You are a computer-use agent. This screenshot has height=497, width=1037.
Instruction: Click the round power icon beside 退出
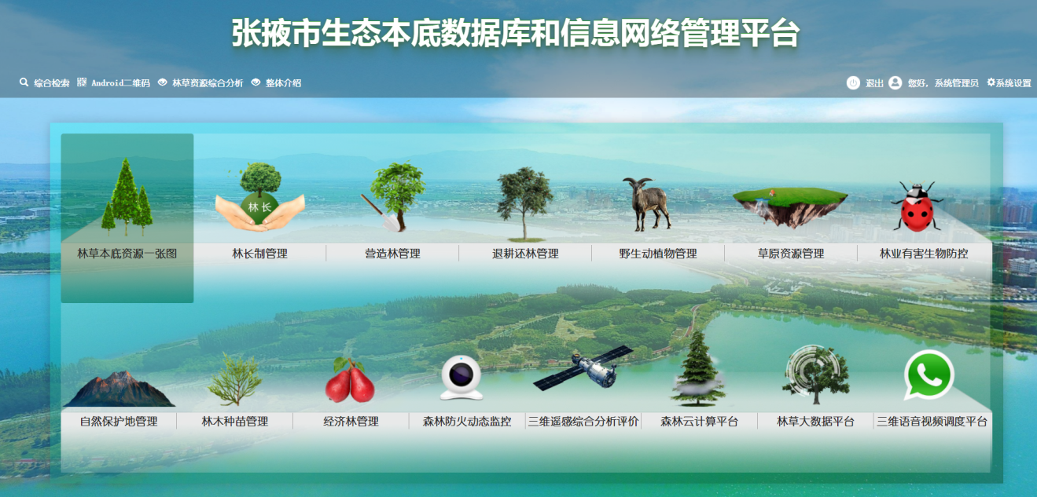[853, 82]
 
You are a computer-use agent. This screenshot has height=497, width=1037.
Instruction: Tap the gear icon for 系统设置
[991, 82]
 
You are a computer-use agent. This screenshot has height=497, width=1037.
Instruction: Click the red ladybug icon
[917, 206]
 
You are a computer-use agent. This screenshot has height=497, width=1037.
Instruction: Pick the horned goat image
[648, 204]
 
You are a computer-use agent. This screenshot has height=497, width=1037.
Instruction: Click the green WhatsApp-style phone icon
[929, 375]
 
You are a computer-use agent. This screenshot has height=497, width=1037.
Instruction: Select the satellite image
[583, 368]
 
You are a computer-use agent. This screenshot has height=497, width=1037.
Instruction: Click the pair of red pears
[350, 380]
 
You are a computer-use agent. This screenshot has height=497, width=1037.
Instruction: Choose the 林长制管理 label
[259, 254]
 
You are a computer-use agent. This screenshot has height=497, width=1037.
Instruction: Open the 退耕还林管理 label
[525, 254]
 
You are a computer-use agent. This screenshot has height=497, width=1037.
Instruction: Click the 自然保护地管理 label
[119, 421]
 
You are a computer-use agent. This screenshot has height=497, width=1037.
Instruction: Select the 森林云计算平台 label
[699, 421]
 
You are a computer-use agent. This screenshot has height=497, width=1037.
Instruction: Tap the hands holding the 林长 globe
[259, 214]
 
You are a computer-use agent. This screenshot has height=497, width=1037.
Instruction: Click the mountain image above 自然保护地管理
[120, 389]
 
